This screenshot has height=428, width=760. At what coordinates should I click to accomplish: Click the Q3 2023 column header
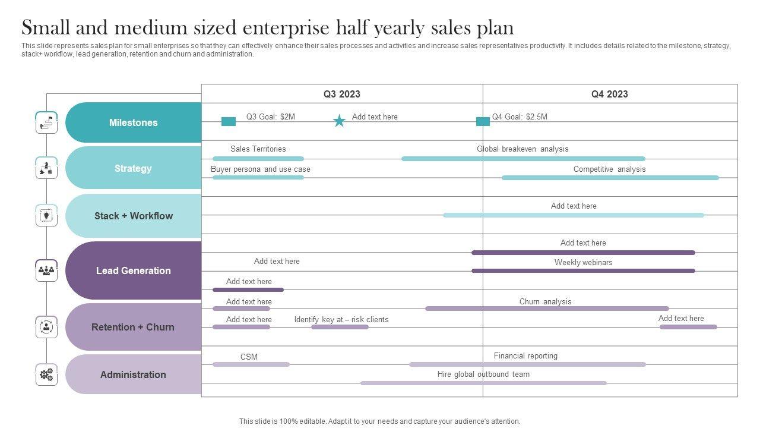click(x=341, y=94)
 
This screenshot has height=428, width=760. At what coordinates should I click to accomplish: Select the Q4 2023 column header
click(x=609, y=94)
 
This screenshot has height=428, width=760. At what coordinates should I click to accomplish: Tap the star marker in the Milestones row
click(x=339, y=121)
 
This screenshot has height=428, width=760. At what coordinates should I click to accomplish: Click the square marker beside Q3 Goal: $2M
click(x=229, y=121)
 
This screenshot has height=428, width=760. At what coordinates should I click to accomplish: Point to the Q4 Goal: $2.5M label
click(x=520, y=117)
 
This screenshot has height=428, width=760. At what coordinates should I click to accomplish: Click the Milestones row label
click(x=133, y=122)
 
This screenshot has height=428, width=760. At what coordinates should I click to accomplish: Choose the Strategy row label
click(x=133, y=168)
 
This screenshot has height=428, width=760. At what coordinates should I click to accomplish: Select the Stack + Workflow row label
click(x=133, y=216)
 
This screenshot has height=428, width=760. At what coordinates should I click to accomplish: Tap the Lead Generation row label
click(x=133, y=270)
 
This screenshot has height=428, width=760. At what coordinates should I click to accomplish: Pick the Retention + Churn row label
click(x=133, y=327)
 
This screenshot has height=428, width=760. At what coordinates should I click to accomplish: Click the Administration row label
click(x=133, y=374)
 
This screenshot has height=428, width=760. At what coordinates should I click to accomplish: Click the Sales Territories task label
click(x=258, y=149)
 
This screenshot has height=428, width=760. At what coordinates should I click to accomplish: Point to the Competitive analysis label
click(x=609, y=169)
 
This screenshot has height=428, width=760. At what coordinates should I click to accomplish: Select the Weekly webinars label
click(x=583, y=262)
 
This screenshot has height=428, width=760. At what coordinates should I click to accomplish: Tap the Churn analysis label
click(x=545, y=301)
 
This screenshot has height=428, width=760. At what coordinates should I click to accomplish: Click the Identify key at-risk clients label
click(x=341, y=319)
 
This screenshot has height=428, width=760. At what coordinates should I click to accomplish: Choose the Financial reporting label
click(x=525, y=355)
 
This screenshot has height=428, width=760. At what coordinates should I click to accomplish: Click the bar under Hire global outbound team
click(x=483, y=383)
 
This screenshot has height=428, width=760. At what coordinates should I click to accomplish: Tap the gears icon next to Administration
click(x=46, y=374)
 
